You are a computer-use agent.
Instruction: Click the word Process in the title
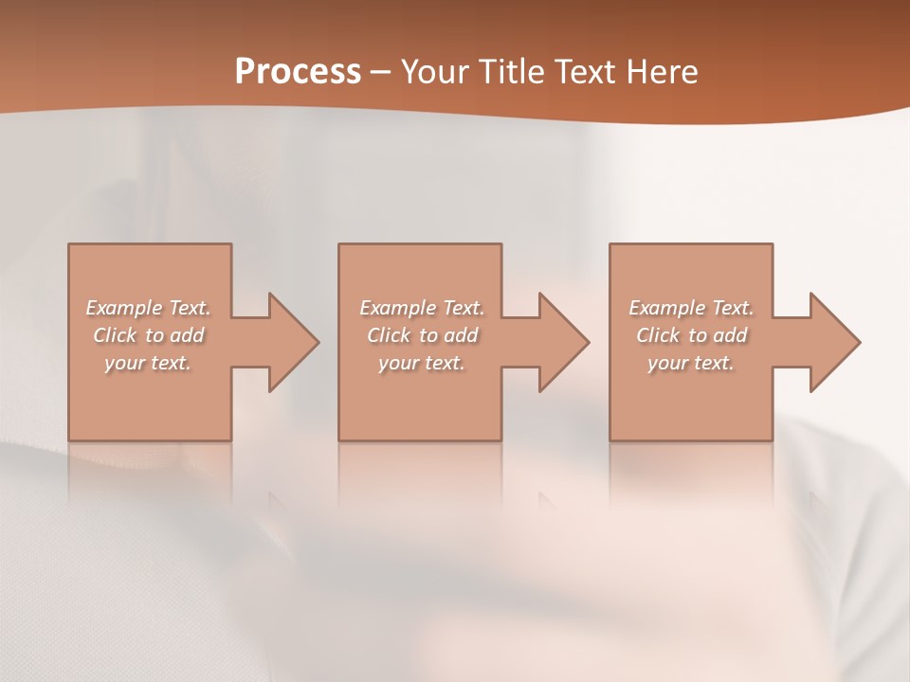[298, 72]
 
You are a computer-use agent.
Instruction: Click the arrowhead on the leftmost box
[290, 342]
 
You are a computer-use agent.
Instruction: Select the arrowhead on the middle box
[561, 342]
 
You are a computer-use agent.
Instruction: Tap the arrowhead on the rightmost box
[832, 342]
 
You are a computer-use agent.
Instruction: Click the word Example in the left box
[124, 308]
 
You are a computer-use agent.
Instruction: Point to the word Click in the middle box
[389, 335]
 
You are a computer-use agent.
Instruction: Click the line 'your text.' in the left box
[148, 363]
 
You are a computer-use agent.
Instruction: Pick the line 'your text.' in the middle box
[422, 363]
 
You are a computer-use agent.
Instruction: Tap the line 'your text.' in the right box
[691, 363]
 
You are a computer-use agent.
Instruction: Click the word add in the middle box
[461, 335]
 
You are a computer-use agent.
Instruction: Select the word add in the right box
[730, 335]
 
